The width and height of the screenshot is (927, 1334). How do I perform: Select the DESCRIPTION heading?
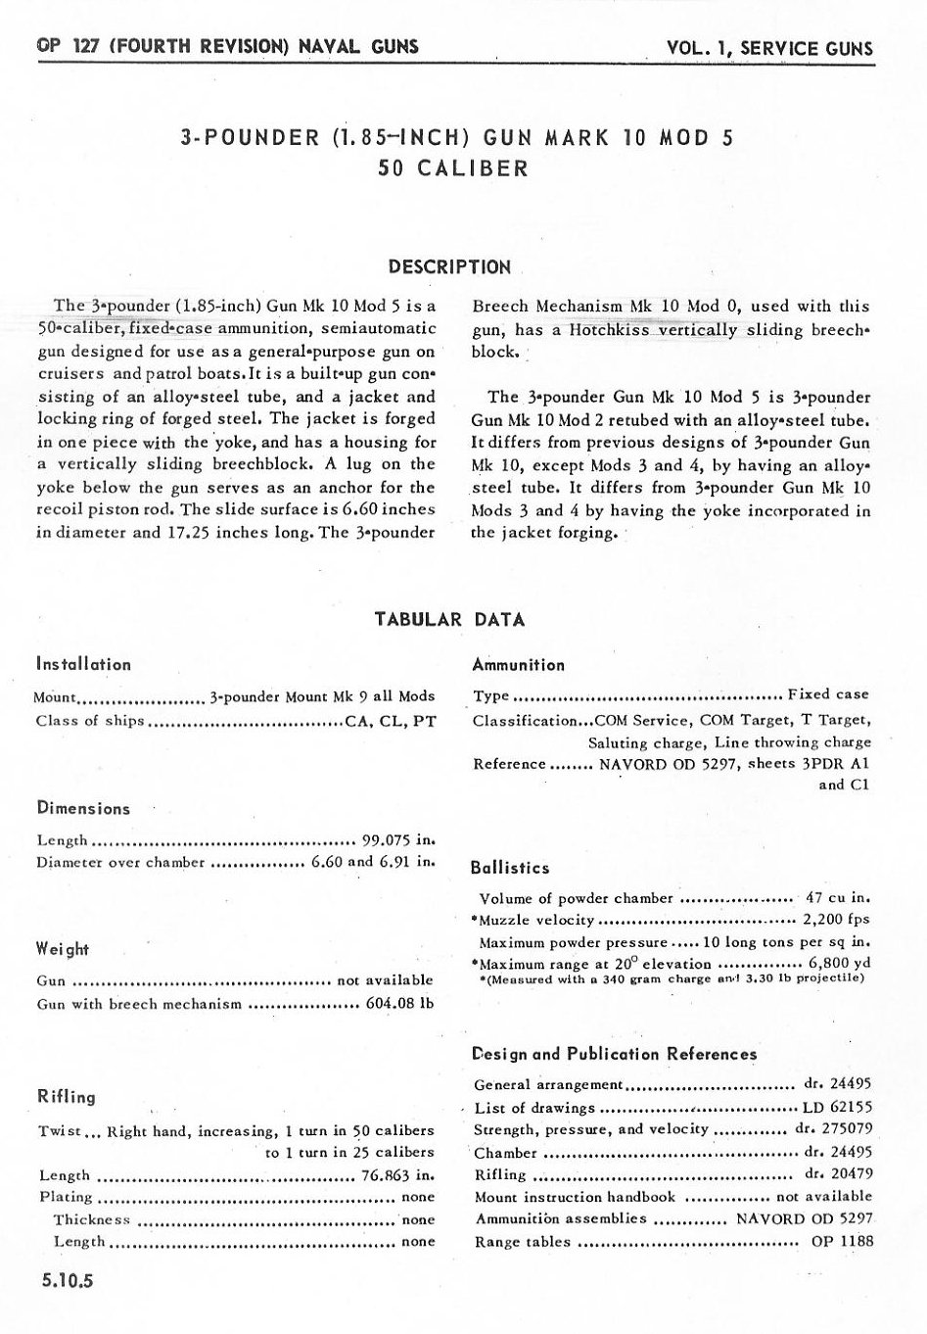click(449, 266)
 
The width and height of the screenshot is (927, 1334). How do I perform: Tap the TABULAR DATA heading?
click(449, 619)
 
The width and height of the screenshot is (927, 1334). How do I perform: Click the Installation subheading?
click(83, 664)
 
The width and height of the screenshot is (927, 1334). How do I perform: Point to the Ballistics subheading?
click(509, 868)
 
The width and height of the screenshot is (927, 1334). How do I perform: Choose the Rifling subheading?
click(66, 1097)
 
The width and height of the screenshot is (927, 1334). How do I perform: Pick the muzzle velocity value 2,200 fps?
click(836, 920)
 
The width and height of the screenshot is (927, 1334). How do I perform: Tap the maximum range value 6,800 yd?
click(840, 963)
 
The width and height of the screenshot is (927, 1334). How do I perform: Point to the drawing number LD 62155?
click(836, 1108)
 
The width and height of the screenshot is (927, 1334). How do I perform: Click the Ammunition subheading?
click(518, 665)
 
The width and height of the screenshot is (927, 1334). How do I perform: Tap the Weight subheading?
click(63, 949)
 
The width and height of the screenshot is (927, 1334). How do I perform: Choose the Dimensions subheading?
click(83, 809)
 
